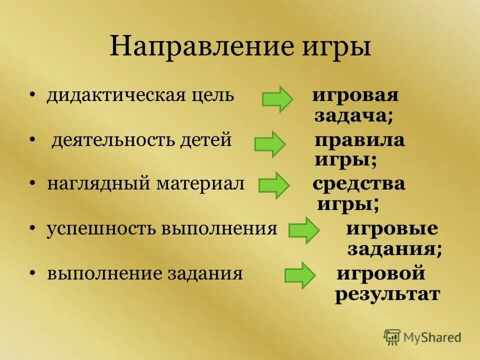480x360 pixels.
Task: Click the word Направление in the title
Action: [201, 47]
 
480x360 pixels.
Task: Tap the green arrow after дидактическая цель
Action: [277, 99]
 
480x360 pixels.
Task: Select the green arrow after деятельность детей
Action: [270, 144]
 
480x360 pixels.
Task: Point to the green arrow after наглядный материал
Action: [273, 185]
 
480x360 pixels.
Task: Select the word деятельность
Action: [113, 140]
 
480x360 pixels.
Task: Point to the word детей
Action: [206, 140]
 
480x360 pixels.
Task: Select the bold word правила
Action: [359, 140]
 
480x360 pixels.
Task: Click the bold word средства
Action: [359, 184]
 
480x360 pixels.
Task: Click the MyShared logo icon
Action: [392, 337]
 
